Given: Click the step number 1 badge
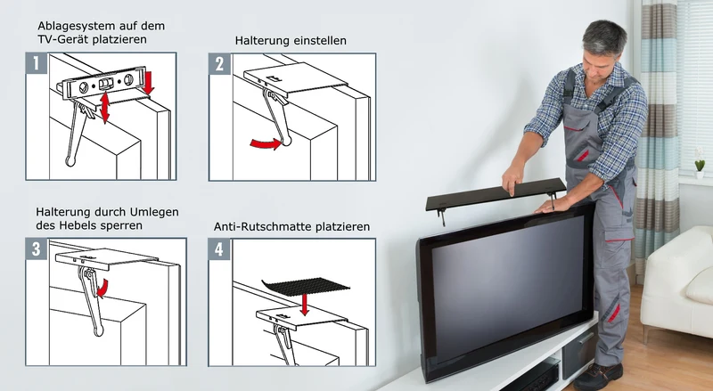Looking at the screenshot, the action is [37, 63].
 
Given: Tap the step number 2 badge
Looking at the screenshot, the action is [219, 64].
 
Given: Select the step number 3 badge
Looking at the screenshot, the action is [37, 248].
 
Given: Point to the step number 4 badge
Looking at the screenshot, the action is [219, 249].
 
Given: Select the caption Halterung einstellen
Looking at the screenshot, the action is [291, 40].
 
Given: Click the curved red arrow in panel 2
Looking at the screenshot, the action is [266, 143].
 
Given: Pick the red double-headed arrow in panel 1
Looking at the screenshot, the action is [105, 106].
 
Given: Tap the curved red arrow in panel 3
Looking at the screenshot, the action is [104, 289].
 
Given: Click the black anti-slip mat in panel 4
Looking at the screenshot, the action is [306, 286].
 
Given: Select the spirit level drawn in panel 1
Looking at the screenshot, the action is [104, 83].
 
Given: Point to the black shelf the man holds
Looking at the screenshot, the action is [496, 193].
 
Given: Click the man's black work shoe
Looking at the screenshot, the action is [597, 376].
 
